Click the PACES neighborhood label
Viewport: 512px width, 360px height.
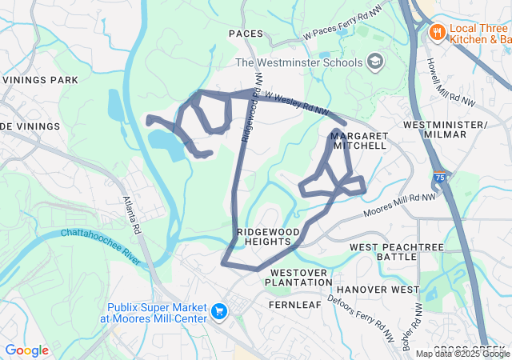pyautogui.click(x=246, y=34)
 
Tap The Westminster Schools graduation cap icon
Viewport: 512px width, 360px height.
pyautogui.click(x=374, y=62)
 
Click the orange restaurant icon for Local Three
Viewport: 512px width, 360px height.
pyautogui.click(x=437, y=32)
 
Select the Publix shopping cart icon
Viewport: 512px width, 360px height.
pyautogui.click(x=218, y=310)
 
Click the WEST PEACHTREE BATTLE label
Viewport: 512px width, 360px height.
pyautogui.click(x=396, y=252)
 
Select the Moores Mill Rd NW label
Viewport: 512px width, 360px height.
pyautogui.click(x=400, y=205)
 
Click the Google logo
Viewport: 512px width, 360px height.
pyautogui.click(x=27, y=350)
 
